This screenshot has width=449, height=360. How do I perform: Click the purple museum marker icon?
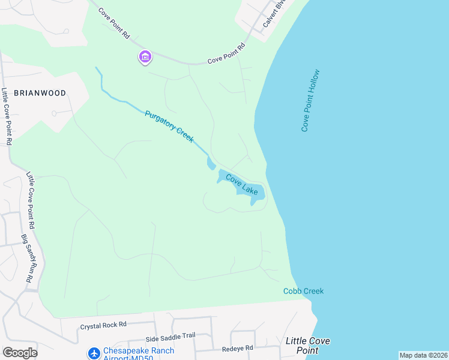tap(145, 57)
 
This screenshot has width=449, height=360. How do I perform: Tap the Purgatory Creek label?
tap(169, 126)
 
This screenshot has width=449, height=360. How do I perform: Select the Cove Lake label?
tap(242, 184)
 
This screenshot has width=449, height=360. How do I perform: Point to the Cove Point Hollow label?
tap(311, 101)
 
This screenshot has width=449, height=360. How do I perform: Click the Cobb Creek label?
tap(303, 291)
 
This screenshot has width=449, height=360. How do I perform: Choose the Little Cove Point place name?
tap(307, 345)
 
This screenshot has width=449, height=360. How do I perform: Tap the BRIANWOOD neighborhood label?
tap(39, 93)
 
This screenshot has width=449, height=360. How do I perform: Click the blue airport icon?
tap(94, 353)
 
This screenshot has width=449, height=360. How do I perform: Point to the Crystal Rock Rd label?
tap(103, 325)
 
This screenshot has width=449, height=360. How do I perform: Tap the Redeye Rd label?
tap(237, 347)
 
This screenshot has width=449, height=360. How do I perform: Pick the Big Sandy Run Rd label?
tap(26, 259)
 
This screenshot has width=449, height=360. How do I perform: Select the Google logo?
tap(19, 353)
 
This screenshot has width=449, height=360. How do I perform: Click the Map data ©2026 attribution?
tap(423, 355)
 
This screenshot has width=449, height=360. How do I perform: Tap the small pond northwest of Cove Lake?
tap(211, 162)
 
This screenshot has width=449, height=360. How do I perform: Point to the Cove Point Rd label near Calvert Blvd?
tap(226, 54)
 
